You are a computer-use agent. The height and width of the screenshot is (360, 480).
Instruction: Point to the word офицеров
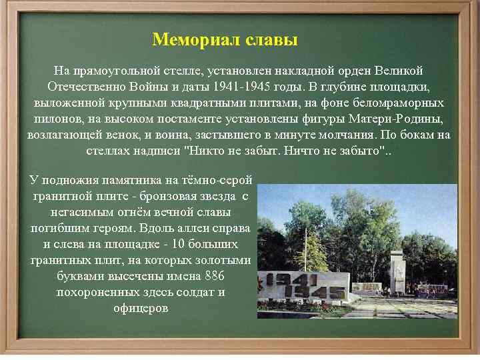pos(141,308)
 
